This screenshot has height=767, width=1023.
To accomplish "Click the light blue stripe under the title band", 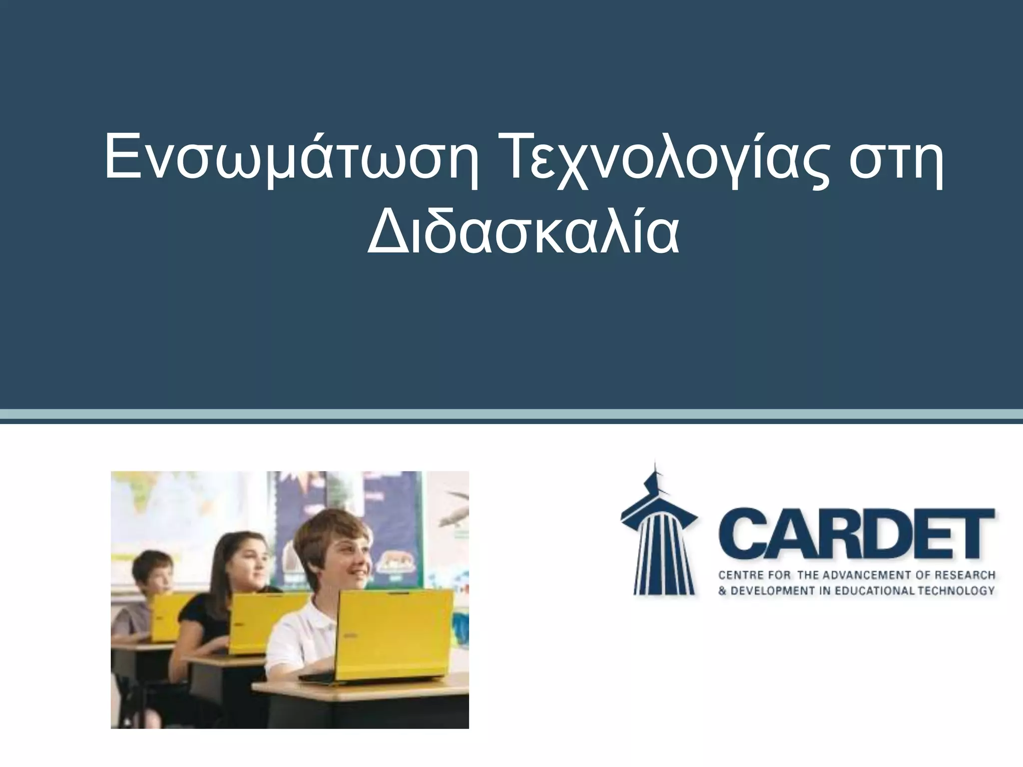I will tap(511, 414).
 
